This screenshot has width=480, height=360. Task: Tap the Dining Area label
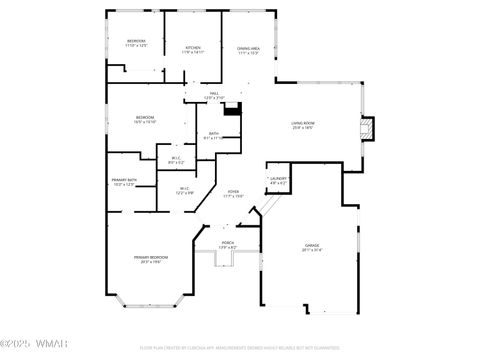249,49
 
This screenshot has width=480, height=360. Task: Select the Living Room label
303,124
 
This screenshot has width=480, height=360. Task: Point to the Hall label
214,94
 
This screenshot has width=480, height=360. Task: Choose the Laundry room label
279,181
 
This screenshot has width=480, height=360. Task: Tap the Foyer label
233,193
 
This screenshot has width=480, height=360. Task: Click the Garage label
311,246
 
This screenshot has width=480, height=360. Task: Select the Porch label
227,244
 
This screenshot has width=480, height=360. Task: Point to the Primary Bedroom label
149,258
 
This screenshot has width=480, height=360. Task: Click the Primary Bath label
124,181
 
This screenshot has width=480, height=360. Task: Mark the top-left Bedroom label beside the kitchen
136,43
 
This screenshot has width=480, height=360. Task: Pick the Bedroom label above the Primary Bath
144,119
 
